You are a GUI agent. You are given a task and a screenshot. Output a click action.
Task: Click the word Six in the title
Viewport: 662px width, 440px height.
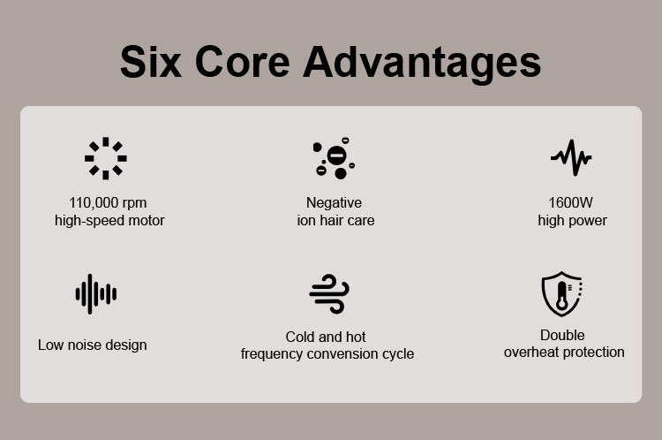coord(151,62)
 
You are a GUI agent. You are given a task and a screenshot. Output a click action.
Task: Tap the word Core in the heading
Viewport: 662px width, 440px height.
coord(243,62)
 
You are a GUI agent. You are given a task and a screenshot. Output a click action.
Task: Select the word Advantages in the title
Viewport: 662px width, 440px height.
coord(422,64)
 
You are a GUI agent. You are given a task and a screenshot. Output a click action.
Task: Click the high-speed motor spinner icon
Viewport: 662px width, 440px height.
coord(106,158)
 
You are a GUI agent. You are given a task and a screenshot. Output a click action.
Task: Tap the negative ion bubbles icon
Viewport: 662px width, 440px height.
coord(334,158)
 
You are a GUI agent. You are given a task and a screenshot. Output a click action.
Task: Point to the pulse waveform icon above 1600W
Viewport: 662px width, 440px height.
coord(571,157)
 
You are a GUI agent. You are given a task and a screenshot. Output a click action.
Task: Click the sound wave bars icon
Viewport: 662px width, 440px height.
coord(96,293)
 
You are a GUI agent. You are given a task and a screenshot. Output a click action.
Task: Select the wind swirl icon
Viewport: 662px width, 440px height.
coord(329,293)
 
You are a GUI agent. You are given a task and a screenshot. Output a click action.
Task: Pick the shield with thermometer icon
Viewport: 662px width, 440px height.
coord(562,293)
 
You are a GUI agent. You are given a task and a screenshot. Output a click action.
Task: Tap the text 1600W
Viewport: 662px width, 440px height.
coord(570,202)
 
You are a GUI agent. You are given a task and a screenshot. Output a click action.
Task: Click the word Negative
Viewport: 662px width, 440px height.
coord(334,202)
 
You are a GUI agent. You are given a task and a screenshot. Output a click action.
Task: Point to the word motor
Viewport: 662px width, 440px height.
coord(146,220)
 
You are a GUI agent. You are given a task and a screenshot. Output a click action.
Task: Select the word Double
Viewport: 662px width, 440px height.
coord(562,335)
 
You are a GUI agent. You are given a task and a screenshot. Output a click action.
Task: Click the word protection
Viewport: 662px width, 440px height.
coord(594,352)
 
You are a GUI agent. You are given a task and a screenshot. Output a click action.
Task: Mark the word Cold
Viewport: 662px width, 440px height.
coord(300,337)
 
